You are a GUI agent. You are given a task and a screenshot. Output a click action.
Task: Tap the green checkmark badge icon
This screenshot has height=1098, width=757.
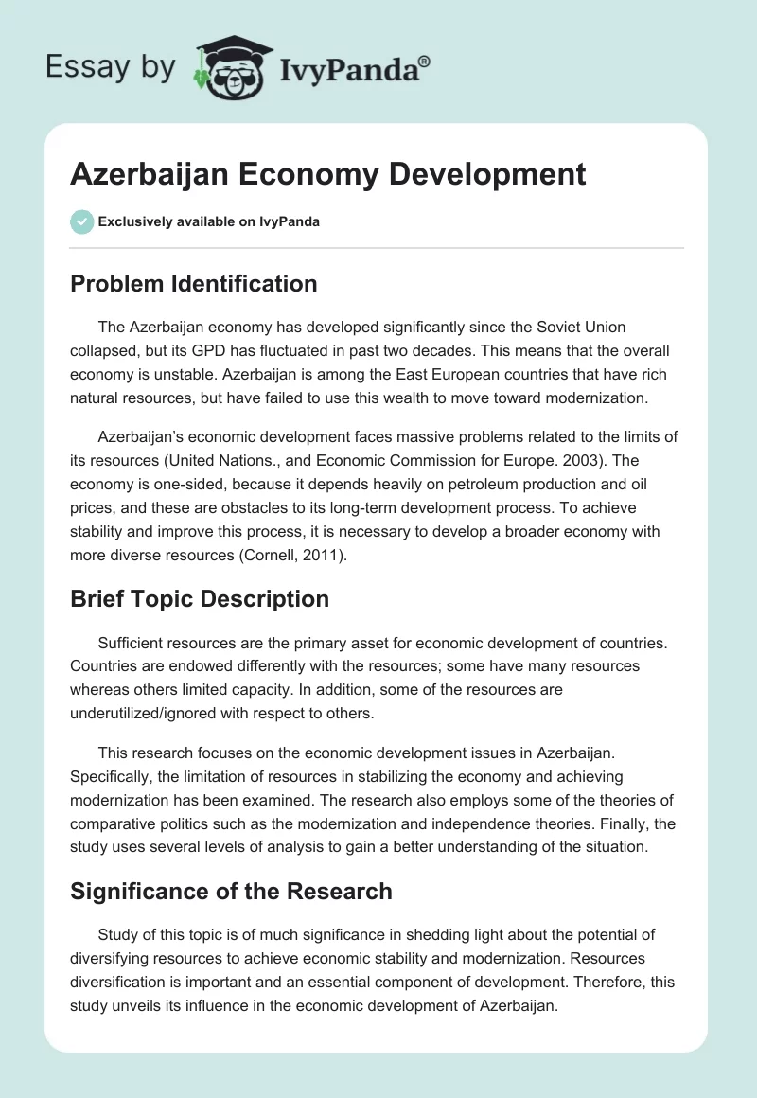(81, 221)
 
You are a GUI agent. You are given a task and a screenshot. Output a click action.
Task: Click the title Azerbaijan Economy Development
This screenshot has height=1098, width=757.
(328, 174)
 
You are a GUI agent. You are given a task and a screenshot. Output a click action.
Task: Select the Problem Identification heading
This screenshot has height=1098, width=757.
(194, 283)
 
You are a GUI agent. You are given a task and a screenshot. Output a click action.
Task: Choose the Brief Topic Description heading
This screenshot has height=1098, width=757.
(200, 599)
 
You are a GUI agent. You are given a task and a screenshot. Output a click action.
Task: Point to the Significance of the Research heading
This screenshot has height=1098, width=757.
(231, 891)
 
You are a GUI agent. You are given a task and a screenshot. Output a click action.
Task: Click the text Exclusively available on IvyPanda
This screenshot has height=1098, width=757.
(209, 221)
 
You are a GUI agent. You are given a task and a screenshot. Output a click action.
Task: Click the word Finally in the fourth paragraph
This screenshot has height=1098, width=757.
(620, 823)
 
